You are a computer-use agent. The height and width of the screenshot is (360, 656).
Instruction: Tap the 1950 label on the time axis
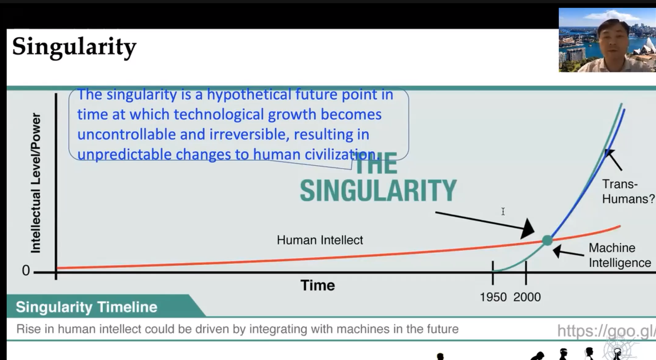[493, 297]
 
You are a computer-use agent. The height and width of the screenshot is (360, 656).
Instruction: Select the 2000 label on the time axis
[527, 297]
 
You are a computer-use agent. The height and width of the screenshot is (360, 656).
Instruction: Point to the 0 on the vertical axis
[26, 270]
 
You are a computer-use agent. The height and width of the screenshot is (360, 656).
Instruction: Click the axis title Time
[317, 285]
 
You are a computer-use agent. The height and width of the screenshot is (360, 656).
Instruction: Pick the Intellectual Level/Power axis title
[35, 183]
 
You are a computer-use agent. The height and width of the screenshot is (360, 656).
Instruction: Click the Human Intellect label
[320, 240]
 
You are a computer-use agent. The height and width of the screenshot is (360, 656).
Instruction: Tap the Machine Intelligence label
[620, 255]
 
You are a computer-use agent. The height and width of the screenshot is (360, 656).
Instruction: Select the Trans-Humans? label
[628, 191]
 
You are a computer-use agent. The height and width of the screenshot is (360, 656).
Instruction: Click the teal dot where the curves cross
[547, 240]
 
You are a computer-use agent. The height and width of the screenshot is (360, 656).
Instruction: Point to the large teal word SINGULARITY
[378, 190]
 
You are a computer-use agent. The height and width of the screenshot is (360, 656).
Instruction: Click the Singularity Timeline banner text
[86, 307]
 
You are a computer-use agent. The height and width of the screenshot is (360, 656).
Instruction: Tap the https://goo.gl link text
[606, 331]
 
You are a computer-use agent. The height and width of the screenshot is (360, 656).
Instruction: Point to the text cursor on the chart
[503, 211]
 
